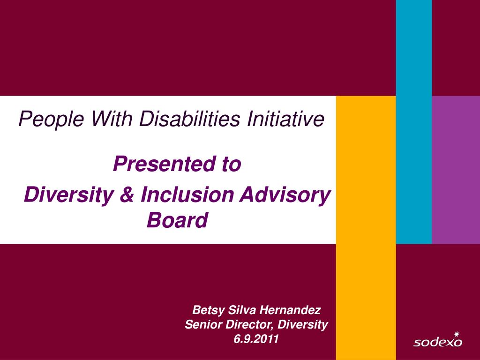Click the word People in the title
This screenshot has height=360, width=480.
(x=51, y=119)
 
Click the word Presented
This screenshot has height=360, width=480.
(x=165, y=164)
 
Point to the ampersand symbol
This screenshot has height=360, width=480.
(x=127, y=195)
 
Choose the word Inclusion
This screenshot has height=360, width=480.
(x=187, y=195)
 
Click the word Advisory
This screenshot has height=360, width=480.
(x=285, y=195)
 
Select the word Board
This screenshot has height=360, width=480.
(x=178, y=220)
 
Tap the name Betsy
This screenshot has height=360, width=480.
(x=209, y=310)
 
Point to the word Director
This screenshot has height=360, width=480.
(x=249, y=324)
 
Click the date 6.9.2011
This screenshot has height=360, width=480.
(x=256, y=339)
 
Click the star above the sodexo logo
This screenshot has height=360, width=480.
(x=457, y=334)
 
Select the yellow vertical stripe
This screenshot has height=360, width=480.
(x=366, y=228)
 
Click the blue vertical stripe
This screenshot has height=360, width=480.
(x=414, y=122)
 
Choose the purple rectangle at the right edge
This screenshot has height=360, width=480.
(x=456, y=170)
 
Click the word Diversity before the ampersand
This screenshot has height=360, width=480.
(x=69, y=195)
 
